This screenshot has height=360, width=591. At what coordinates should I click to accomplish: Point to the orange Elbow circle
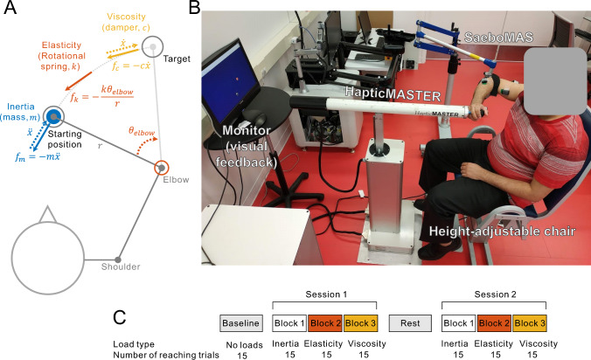coord(162,167)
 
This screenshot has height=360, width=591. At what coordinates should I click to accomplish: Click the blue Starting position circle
coord(52,117)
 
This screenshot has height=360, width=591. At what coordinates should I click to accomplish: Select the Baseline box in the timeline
coord(241,323)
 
